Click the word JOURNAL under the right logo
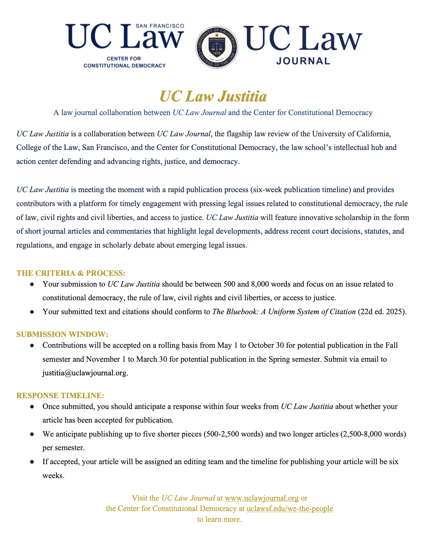pos(303,61)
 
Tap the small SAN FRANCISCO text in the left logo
pos(160,26)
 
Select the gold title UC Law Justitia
pos(213,96)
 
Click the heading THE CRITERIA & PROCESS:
pos(71,273)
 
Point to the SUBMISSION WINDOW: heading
pos(62,334)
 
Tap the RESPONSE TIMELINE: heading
pos(60,395)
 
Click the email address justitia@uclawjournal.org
pos(85,373)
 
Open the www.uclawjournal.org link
pos(262,498)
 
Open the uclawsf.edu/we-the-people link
pos(290,509)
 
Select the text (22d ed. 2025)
pos(382,312)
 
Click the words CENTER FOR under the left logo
pos(124,59)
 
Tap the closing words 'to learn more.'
pos(219,519)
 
